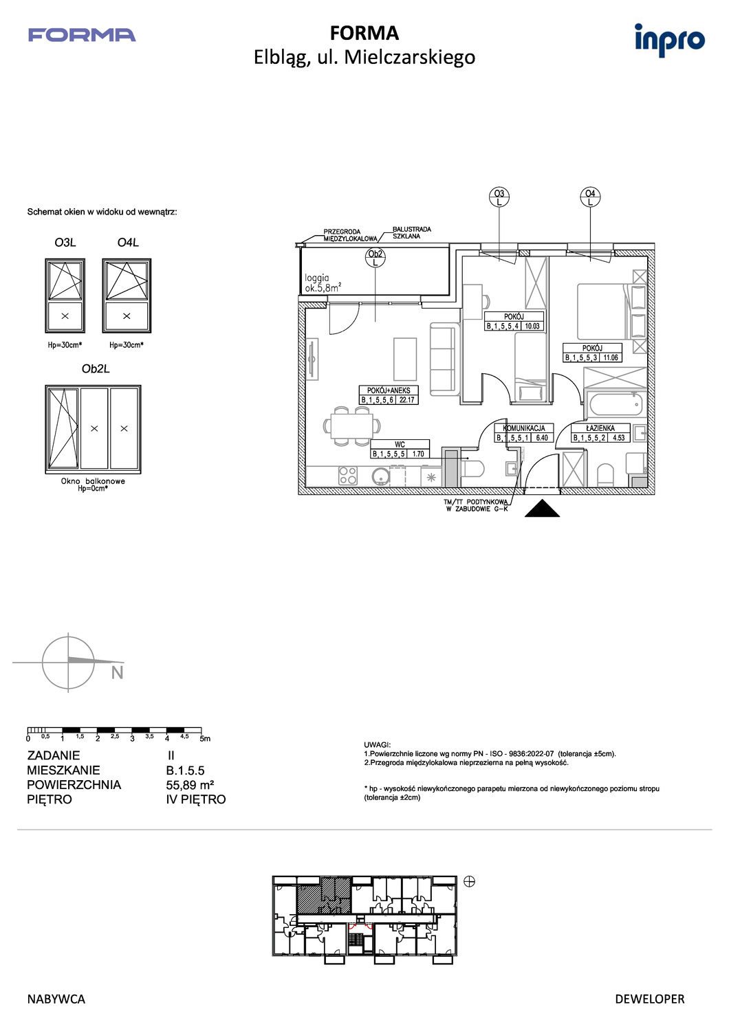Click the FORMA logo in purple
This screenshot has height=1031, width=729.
(x=82, y=35)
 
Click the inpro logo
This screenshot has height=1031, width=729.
(x=670, y=40)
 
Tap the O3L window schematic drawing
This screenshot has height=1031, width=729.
(x=65, y=296)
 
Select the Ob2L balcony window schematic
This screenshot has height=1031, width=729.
(x=93, y=430)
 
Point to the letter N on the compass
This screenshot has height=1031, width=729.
(x=118, y=673)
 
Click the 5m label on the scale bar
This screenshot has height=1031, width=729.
(x=206, y=739)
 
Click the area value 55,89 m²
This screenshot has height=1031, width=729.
(x=191, y=785)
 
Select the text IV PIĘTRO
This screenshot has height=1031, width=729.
(x=196, y=799)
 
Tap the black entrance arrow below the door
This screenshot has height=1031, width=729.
(x=543, y=509)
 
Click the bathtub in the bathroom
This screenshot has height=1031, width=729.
(x=616, y=405)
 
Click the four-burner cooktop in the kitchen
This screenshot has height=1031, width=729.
(x=348, y=476)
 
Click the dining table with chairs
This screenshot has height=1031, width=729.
(x=352, y=425)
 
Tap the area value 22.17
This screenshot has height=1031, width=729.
(x=407, y=400)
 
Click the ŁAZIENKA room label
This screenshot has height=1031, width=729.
(x=600, y=428)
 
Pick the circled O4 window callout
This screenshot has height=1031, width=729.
(x=590, y=197)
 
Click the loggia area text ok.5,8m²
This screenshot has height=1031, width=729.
(x=323, y=289)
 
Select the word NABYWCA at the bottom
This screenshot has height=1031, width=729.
(x=56, y=999)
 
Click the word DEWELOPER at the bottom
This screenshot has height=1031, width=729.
(x=650, y=999)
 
